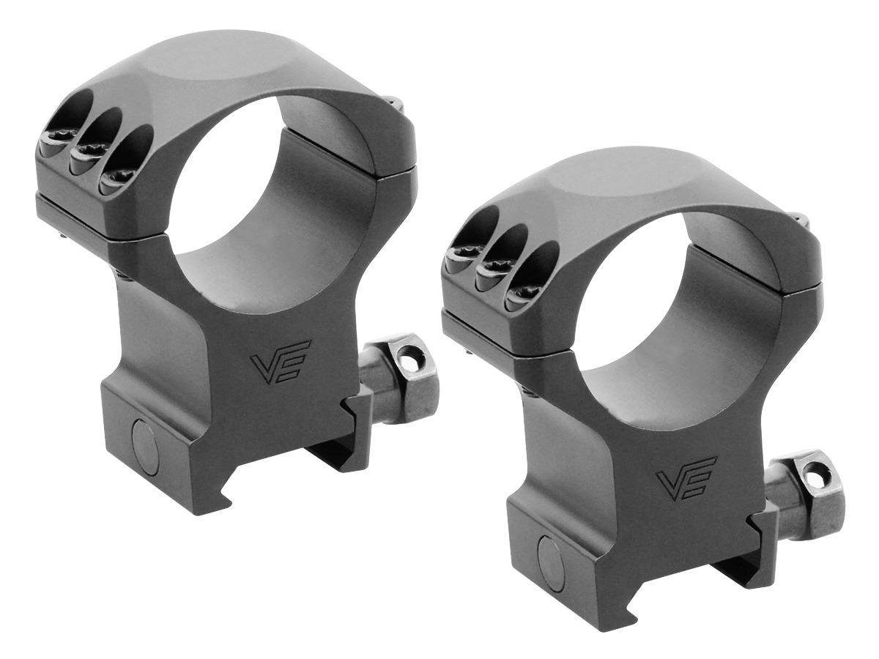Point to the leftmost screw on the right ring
[461, 256]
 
